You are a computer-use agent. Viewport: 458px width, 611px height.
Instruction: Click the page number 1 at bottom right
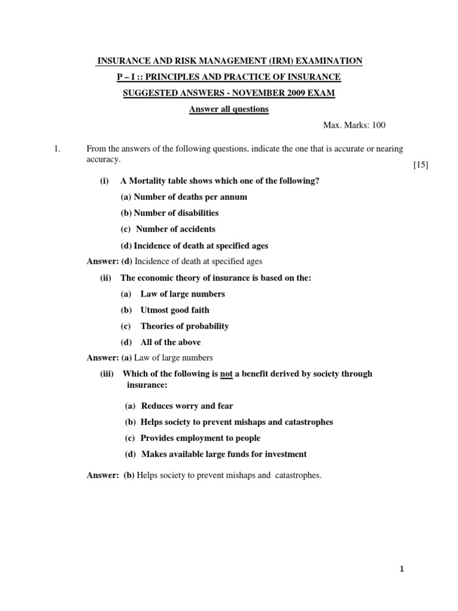point(402,569)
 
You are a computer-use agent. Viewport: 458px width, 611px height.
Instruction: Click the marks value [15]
point(420,165)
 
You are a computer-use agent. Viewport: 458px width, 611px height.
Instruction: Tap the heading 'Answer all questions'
point(229,109)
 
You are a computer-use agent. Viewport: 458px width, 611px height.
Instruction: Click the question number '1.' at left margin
point(57,149)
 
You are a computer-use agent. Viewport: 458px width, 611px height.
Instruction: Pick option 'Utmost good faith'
point(175,310)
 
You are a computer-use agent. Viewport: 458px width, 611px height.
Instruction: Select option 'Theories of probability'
point(184,326)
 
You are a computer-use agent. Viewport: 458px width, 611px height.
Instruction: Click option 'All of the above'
point(171,342)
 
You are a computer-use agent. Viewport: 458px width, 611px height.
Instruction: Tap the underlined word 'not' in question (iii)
point(226,374)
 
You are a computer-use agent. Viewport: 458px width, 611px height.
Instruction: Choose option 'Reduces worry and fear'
point(187,406)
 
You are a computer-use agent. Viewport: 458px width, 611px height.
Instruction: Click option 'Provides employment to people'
point(202,438)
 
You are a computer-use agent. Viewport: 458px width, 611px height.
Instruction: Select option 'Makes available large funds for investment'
point(224,454)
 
